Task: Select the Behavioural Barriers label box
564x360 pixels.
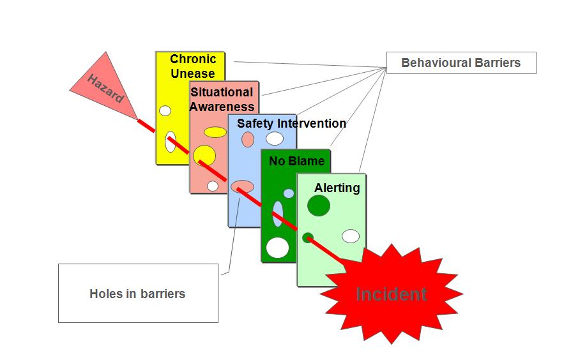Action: pyautogui.click(x=461, y=63)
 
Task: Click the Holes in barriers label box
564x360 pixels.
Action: pyautogui.click(x=137, y=294)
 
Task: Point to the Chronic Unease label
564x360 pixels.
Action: pyautogui.click(x=193, y=66)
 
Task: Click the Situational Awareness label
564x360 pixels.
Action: pyautogui.click(x=222, y=99)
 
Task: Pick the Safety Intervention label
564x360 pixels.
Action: pyautogui.click(x=291, y=123)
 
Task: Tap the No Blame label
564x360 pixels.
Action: pyautogui.click(x=296, y=161)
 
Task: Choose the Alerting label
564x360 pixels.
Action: pyautogui.click(x=337, y=188)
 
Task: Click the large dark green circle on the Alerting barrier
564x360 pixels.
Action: pyautogui.click(x=319, y=206)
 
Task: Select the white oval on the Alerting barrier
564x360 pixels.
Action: pyautogui.click(x=350, y=236)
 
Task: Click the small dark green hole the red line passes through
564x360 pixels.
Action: pyautogui.click(x=307, y=237)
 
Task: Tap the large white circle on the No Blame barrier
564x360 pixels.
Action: pyautogui.click(x=278, y=247)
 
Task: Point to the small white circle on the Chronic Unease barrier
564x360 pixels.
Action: pyautogui.click(x=165, y=110)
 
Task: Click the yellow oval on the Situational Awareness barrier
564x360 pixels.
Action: pyautogui.click(x=215, y=132)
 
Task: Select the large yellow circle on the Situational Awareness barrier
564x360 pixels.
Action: pyautogui.click(x=204, y=155)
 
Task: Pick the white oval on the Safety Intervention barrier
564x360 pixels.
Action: pyautogui.click(x=275, y=138)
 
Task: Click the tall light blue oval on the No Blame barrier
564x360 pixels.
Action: pyautogui.click(x=278, y=214)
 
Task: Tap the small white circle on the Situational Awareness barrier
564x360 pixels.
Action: pyautogui.click(x=213, y=186)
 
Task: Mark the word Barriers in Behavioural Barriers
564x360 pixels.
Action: pyautogui.click(x=498, y=63)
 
